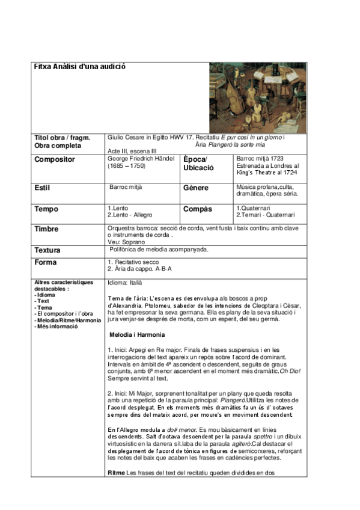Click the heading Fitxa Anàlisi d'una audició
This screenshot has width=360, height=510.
(79, 66)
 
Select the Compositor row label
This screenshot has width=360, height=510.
(55, 159)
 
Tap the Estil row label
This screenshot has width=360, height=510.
(42, 188)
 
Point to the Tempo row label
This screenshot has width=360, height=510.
(46, 209)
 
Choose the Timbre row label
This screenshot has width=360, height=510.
(47, 229)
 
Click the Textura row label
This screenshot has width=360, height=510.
(49, 250)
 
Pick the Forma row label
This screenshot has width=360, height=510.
(46, 263)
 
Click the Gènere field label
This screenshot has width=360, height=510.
(196, 188)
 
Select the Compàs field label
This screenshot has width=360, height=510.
(198, 209)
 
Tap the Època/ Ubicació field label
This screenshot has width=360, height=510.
(196, 164)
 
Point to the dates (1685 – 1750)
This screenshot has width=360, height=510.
(126, 165)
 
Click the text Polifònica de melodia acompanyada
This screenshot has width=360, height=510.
(159, 249)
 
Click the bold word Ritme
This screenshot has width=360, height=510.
(116, 473)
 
